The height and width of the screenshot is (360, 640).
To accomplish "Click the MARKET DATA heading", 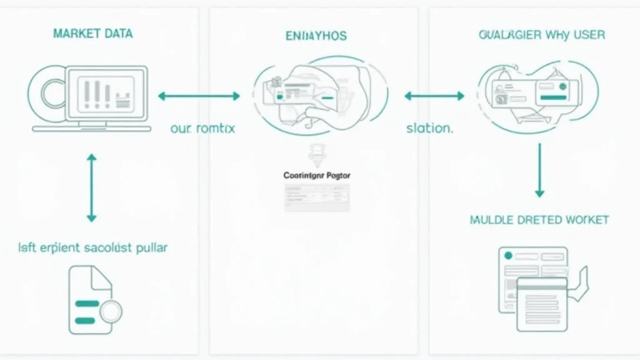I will (x=92, y=33).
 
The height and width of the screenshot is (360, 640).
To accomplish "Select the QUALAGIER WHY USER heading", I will (x=541, y=34).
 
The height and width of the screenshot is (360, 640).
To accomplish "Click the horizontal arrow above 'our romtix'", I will (x=199, y=96).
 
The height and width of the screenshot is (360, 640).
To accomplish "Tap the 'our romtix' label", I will (x=202, y=129).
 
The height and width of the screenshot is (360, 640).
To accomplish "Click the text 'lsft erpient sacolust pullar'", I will (x=93, y=247).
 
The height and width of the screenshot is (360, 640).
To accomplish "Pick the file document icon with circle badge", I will (x=91, y=299).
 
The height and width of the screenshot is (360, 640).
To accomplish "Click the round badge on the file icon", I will (x=110, y=309).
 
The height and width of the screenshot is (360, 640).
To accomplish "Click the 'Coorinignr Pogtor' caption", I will (x=317, y=176).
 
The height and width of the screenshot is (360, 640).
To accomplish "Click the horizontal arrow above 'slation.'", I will (x=434, y=96).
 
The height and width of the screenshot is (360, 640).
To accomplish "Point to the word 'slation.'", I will (x=429, y=129).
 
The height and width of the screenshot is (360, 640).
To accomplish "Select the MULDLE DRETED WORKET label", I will (x=539, y=220).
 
